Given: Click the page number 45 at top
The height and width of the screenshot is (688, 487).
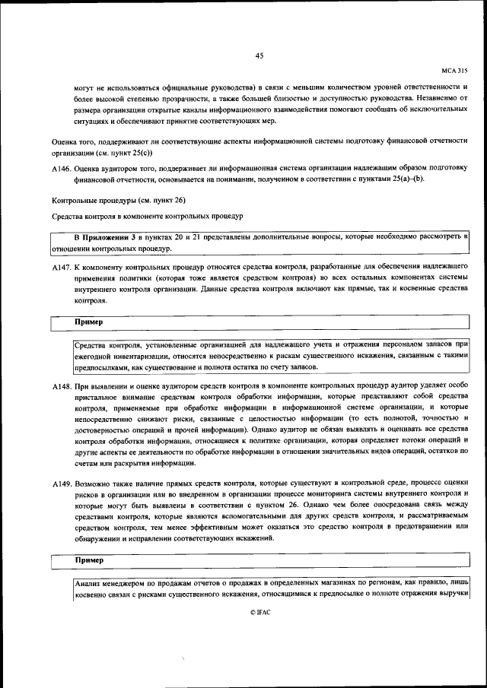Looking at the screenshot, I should (x=259, y=55).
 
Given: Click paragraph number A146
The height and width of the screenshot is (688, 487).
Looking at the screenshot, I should (x=62, y=172).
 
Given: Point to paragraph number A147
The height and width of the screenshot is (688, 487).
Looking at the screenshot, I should (x=62, y=269).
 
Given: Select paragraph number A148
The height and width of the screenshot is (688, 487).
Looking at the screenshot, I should (x=62, y=386).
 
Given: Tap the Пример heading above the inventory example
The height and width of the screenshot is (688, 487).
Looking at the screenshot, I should (x=88, y=322).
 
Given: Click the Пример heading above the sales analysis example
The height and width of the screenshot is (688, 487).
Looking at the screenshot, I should (x=88, y=560).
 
